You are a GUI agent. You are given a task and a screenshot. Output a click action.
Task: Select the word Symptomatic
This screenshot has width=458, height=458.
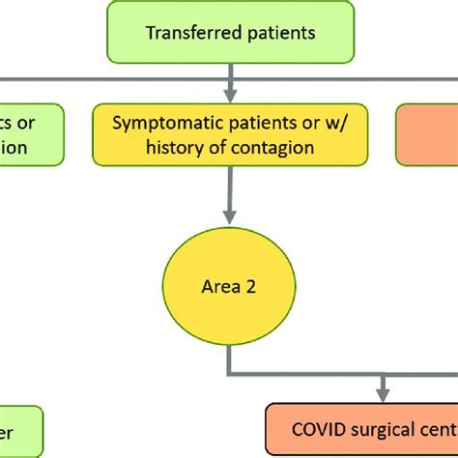(x=159, y=125)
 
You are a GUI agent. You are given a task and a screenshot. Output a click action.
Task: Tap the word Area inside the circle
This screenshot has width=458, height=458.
(x=218, y=287)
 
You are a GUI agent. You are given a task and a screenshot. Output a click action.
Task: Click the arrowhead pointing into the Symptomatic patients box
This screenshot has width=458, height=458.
(x=229, y=95)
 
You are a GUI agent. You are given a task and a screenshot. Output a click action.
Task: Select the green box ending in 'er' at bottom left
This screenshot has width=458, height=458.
(x=19, y=431)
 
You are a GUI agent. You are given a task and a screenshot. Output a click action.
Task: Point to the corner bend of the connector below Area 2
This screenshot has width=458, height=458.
(x=230, y=374)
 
